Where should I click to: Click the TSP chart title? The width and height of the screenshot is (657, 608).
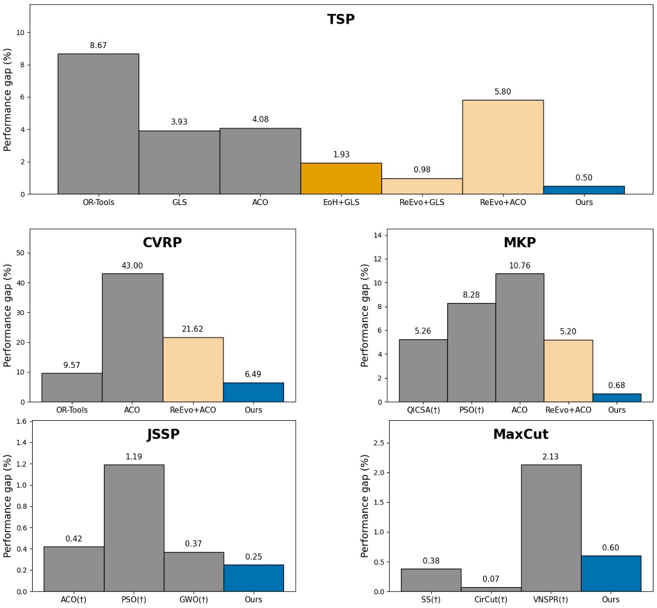click(341, 20)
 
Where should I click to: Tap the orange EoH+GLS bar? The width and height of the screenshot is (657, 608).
click(341, 178)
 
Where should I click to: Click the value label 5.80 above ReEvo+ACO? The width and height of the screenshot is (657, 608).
click(503, 92)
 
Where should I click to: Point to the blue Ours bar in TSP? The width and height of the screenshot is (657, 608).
click(584, 190)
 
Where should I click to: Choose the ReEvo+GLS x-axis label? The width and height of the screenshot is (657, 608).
click(422, 203)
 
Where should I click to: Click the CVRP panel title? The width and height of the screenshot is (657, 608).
click(162, 243)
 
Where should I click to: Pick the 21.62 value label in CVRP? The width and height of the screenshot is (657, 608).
click(193, 329)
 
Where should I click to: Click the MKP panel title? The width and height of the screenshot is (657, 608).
click(519, 243)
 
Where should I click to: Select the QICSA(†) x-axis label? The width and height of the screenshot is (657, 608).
click(423, 410)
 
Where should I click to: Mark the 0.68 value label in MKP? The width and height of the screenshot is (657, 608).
click(617, 386)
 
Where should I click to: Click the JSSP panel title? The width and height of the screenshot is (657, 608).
click(163, 434)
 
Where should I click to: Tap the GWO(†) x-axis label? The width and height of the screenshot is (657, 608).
click(194, 600)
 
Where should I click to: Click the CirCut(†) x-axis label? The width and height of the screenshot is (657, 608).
click(491, 600)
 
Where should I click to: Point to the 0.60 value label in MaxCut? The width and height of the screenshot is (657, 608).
click(611, 548)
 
